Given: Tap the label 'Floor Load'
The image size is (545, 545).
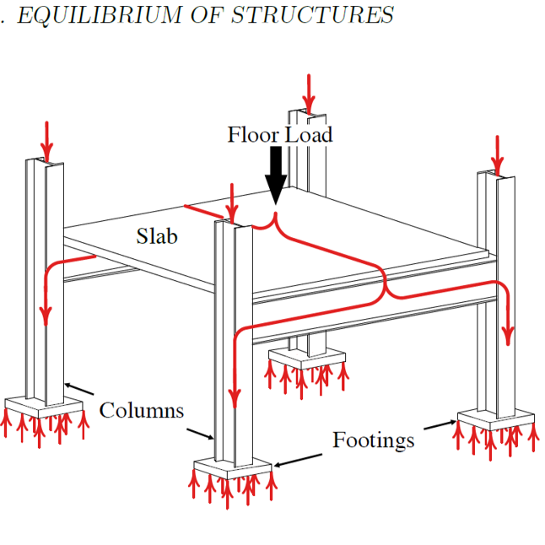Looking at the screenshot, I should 279,134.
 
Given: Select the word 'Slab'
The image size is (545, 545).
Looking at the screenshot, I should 157,236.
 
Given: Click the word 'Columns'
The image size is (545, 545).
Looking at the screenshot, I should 141,411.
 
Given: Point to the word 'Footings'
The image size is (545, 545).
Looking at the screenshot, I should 373,440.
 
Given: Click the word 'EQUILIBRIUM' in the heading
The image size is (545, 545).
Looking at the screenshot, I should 92,14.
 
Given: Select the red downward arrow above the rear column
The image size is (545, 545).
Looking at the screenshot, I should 310,93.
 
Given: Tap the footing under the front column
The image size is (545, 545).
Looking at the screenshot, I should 233,466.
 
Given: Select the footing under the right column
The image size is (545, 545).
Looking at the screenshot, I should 496,419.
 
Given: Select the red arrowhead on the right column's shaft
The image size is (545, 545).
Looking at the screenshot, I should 507,335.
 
